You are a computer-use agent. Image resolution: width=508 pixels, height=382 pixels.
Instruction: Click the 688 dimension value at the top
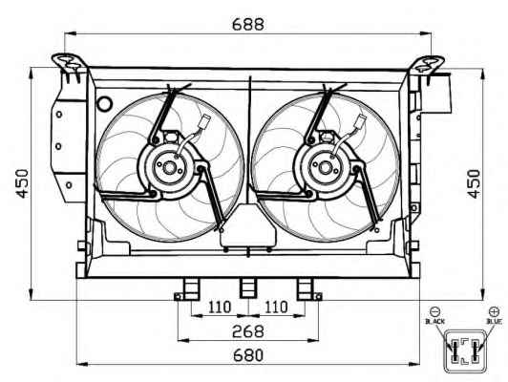(248, 24)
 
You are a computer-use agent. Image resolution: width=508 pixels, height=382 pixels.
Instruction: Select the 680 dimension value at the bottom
(248, 355)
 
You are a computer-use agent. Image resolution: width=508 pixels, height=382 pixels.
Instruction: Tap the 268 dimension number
(248, 331)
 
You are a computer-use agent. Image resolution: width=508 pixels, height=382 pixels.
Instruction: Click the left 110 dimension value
(220, 307)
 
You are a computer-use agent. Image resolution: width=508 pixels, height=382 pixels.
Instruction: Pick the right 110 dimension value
(276, 307)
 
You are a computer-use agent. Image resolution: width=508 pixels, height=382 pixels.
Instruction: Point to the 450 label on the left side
(23, 183)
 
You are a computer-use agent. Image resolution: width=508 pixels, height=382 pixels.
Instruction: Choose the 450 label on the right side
(474, 183)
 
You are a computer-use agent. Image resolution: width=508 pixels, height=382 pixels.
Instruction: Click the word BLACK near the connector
(434, 322)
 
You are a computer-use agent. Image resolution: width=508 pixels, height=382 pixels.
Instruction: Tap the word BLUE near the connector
(494, 322)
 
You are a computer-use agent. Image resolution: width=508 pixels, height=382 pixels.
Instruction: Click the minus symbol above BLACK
(434, 311)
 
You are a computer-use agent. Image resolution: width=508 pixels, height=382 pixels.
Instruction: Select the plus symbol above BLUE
(494, 311)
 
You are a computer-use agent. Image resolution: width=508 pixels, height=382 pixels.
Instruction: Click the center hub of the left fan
(169, 168)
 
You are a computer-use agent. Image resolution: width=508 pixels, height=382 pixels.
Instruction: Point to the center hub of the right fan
(325, 168)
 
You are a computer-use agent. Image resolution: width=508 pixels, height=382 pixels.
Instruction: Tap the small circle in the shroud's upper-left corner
(105, 104)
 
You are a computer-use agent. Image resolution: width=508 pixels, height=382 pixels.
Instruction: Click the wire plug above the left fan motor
(204, 121)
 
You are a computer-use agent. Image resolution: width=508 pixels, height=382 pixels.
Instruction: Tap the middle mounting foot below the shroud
(248, 287)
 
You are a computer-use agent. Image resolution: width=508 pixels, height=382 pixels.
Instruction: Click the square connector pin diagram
(465, 350)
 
